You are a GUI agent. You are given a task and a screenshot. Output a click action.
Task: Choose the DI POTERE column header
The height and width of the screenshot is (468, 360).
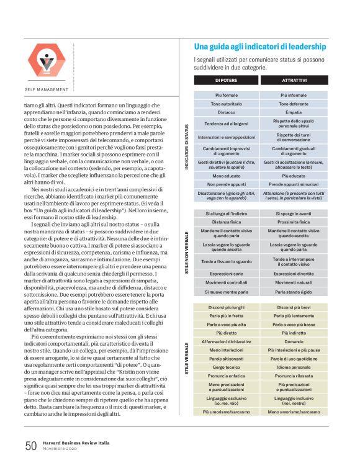pyautogui.click(x=226, y=81)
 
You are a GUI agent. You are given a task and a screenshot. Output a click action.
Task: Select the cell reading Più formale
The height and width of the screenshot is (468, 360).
pyautogui.click(x=226, y=95)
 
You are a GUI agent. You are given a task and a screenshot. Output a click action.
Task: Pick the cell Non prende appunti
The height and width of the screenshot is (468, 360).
pyautogui.click(x=226, y=184)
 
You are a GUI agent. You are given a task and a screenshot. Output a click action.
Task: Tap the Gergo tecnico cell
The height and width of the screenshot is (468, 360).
pyautogui.click(x=226, y=367)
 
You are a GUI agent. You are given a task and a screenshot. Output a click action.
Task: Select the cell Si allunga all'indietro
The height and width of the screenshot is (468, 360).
pyautogui.click(x=226, y=213)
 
